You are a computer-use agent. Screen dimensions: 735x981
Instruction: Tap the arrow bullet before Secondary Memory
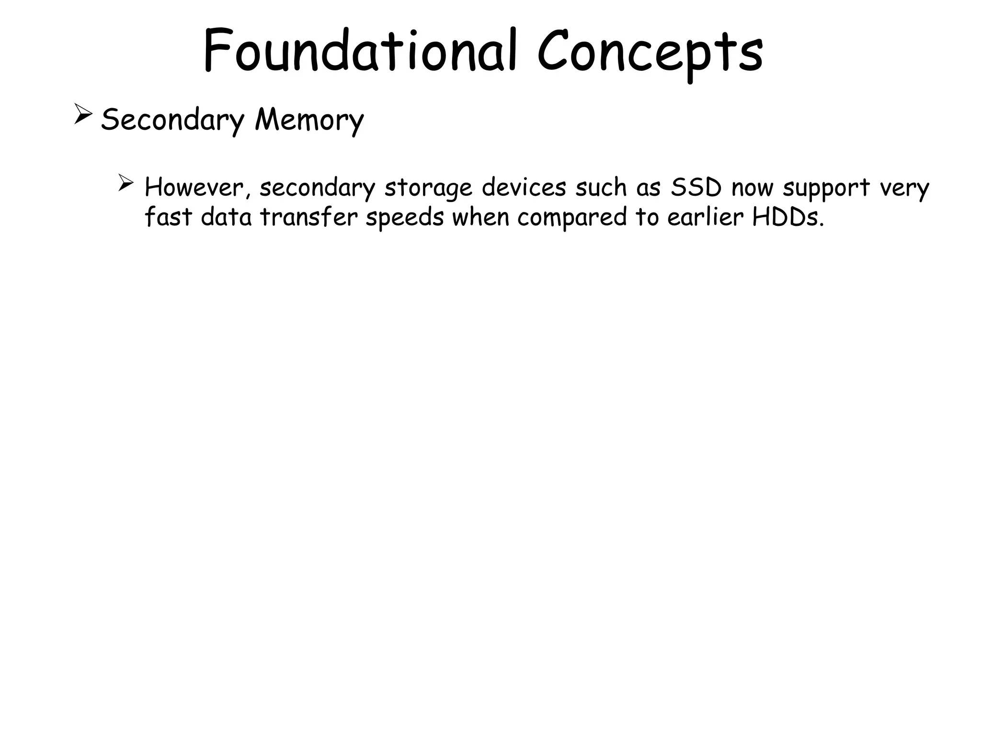click(83, 115)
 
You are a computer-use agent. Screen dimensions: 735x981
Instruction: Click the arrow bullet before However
click(125, 183)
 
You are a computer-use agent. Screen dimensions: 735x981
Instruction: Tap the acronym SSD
click(696, 188)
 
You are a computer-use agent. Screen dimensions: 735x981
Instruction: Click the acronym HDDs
click(788, 218)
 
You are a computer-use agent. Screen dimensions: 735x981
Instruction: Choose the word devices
click(524, 188)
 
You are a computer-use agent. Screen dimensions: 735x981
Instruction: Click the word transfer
click(309, 218)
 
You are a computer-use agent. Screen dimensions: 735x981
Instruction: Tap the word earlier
click(705, 218)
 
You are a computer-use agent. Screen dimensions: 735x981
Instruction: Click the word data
click(226, 218)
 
